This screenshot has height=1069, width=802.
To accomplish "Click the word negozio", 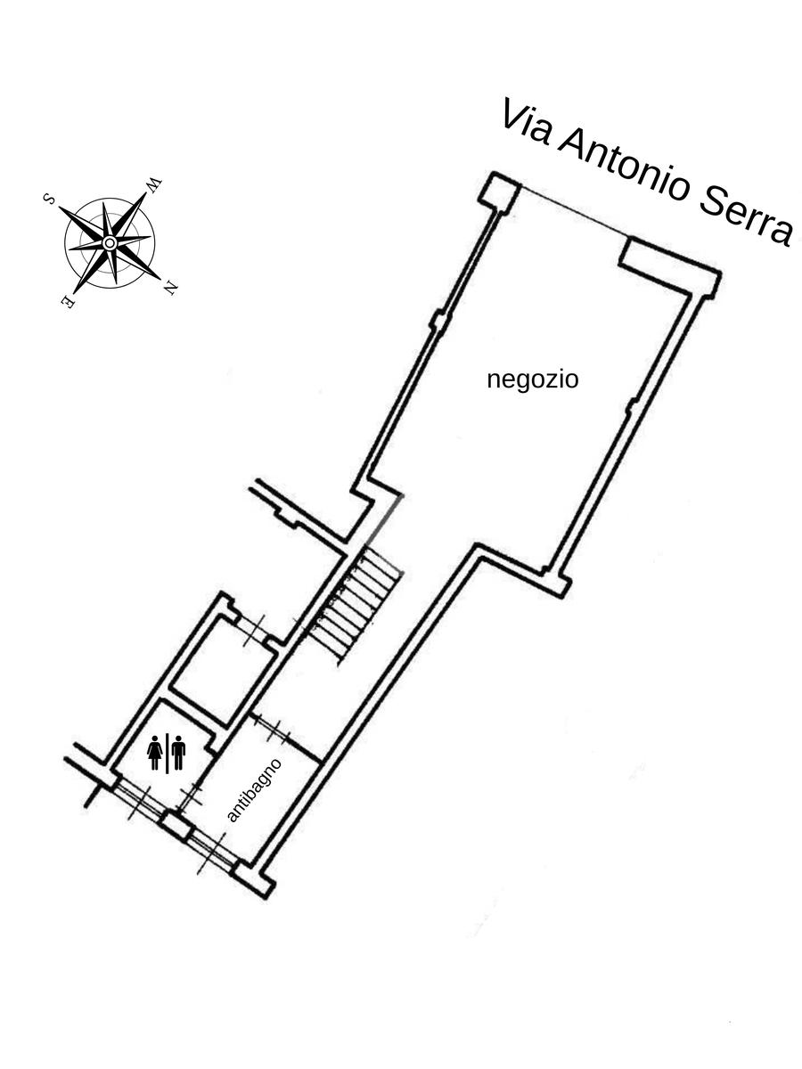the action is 533,380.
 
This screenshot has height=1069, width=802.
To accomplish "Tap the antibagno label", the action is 254,790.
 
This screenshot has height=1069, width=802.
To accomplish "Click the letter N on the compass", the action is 170,289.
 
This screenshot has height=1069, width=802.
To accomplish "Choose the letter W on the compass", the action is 154,185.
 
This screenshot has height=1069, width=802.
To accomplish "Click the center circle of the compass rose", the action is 110,242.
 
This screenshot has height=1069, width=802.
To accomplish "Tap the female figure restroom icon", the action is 155,753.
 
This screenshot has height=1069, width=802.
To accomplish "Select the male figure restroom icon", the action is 178,753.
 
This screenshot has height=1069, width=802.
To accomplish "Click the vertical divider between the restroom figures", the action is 167,753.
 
